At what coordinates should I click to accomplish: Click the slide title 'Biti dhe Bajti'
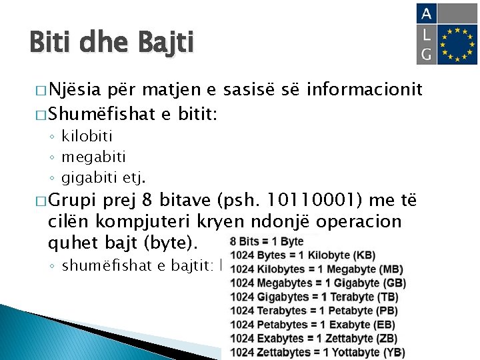tap(111, 43)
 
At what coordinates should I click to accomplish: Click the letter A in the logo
tap(427, 13)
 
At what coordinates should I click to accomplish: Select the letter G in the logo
tap(427, 54)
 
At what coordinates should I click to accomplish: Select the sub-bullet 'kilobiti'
tap(87, 137)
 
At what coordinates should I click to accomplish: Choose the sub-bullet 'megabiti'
tap(93, 157)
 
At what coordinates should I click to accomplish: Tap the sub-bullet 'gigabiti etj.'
tap(103, 178)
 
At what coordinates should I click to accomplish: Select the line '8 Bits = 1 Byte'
tap(267, 241)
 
